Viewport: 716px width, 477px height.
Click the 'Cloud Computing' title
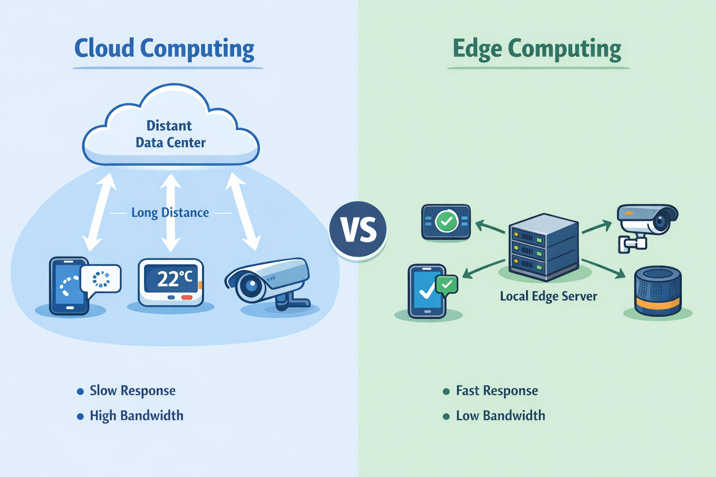tap(165, 48)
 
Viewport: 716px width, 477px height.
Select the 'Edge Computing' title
tap(537, 48)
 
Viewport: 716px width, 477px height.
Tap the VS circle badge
tap(358, 229)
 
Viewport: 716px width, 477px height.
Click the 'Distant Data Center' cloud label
tap(170, 134)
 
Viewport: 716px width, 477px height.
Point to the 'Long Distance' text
tap(170, 213)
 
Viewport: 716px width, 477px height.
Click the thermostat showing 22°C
tap(171, 282)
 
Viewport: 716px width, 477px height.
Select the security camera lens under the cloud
tap(251, 286)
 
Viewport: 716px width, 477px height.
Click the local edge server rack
tap(544, 247)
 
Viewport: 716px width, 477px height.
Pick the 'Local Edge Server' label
tap(548, 296)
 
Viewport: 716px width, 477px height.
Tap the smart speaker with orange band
tap(658, 291)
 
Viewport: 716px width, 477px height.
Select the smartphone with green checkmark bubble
tap(427, 292)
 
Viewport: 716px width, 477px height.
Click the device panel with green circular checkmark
tap(446, 222)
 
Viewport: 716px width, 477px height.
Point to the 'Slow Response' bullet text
tap(132, 391)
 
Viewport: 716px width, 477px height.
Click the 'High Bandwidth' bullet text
tap(136, 416)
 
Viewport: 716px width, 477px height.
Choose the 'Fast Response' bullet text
tap(496, 391)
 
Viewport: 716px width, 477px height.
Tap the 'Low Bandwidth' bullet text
tap(500, 416)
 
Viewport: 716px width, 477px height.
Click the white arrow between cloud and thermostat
tap(171, 212)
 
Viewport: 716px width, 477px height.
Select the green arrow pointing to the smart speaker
tap(604, 268)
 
